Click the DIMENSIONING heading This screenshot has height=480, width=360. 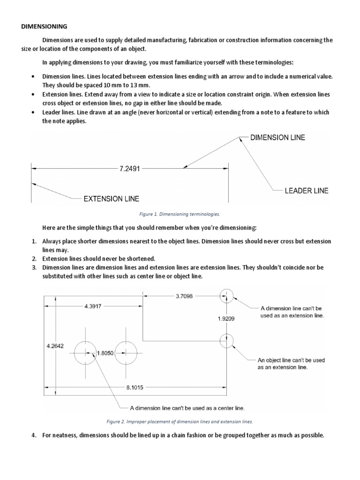[x=45, y=27]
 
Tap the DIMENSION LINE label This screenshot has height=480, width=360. [x=278, y=137]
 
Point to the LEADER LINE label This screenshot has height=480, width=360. [x=307, y=191]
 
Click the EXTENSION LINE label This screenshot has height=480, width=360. [x=111, y=199]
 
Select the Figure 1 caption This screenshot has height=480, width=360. [x=180, y=214]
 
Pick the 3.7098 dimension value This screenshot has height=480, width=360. [x=183, y=296]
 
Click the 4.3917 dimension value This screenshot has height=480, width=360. [x=93, y=306]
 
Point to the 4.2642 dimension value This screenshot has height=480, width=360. [x=55, y=346]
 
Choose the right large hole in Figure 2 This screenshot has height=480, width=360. [x=126, y=352]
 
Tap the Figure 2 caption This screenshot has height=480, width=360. [x=180, y=421]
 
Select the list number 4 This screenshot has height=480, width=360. [x=34, y=435]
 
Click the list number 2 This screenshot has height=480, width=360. [x=34, y=259]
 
